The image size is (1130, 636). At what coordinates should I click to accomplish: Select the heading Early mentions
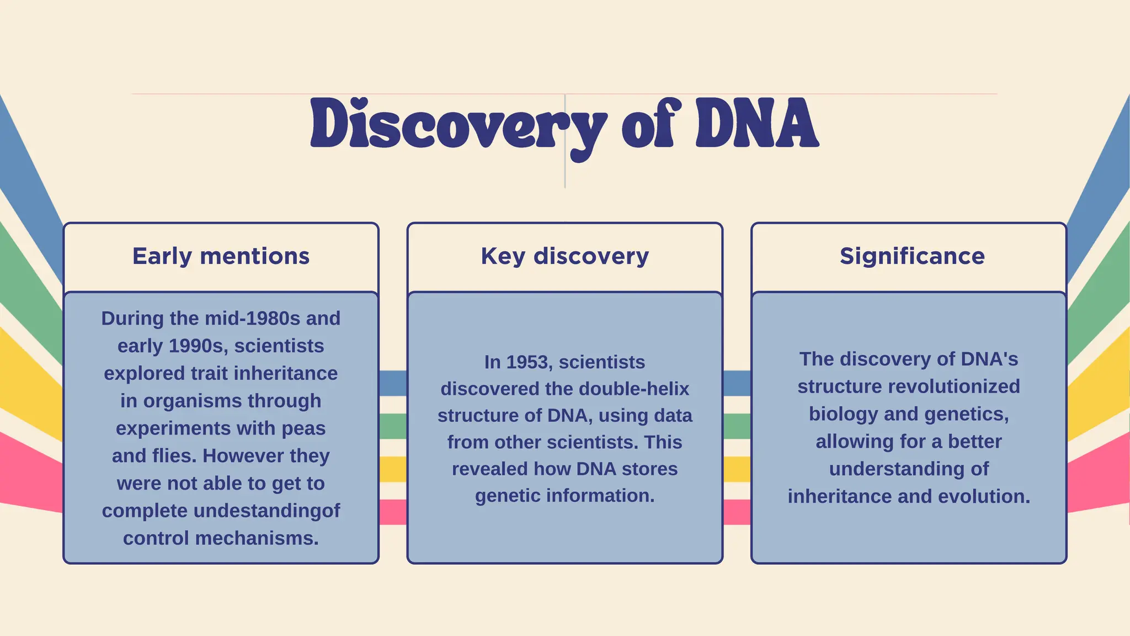point(221,256)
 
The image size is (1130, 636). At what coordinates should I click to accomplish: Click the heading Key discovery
point(564,256)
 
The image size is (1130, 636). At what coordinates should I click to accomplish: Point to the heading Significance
point(912,256)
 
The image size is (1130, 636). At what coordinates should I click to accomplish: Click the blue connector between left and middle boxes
point(393,383)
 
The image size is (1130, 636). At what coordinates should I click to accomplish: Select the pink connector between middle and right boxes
point(737,512)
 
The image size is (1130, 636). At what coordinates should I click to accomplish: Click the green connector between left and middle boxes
point(393,426)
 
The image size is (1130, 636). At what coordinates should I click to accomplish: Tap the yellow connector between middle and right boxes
point(737,469)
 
